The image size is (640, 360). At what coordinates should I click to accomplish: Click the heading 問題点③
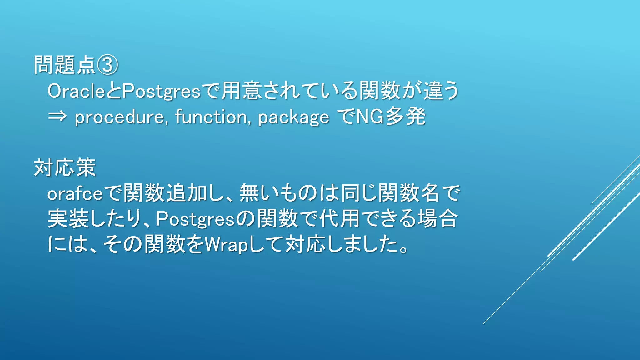pyautogui.click(x=76, y=65)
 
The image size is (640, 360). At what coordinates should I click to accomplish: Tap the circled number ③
pyautogui.click(x=107, y=65)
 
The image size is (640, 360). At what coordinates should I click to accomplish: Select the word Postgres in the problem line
pyautogui.click(x=161, y=92)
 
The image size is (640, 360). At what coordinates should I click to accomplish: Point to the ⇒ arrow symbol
pyautogui.click(x=57, y=116)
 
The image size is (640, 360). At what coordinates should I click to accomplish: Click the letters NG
pyautogui.click(x=370, y=117)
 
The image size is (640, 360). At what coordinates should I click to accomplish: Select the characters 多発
pyautogui.click(x=405, y=117)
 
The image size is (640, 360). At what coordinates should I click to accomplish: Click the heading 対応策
pyautogui.click(x=65, y=167)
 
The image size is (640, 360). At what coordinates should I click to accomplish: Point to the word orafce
pyautogui.click(x=75, y=194)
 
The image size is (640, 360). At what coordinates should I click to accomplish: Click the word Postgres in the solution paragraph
pyautogui.click(x=195, y=219)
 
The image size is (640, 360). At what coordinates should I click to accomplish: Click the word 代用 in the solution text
pyautogui.click(x=339, y=218)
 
